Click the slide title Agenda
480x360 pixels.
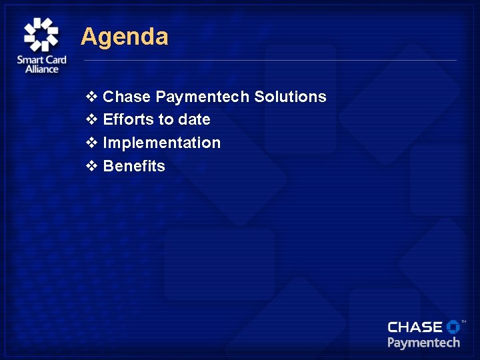pyautogui.click(x=125, y=37)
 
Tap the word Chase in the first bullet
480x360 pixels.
pyautogui.click(x=127, y=97)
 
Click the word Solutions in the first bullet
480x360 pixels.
pyautogui.click(x=290, y=97)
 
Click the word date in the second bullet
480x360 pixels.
pyautogui.click(x=194, y=120)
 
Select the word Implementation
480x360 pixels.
pyautogui.click(x=161, y=143)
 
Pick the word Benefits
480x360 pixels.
pyautogui.click(x=134, y=166)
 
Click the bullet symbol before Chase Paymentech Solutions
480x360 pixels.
pyautogui.click(x=92, y=97)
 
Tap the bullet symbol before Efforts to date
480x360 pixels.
pyautogui.click(x=92, y=120)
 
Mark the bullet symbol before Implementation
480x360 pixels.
pyautogui.click(x=92, y=143)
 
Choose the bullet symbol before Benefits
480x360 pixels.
pyautogui.click(x=92, y=166)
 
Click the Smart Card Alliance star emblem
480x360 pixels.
pyautogui.click(x=41, y=34)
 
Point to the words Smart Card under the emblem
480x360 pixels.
pyautogui.click(x=41, y=60)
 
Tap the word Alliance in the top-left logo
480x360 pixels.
pyautogui.click(x=41, y=69)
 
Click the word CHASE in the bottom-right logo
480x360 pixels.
pyautogui.click(x=415, y=327)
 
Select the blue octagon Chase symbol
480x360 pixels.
pyautogui.click(x=453, y=326)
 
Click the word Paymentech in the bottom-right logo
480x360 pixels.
pyautogui.click(x=423, y=343)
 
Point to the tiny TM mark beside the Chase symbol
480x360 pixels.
pyautogui.click(x=463, y=321)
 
